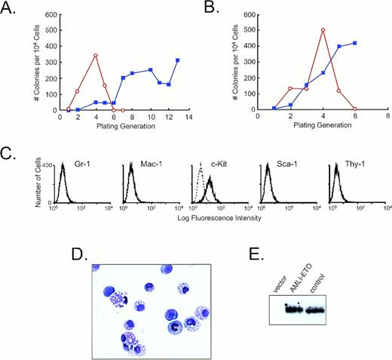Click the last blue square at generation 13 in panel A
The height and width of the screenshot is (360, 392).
pos(178,60)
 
